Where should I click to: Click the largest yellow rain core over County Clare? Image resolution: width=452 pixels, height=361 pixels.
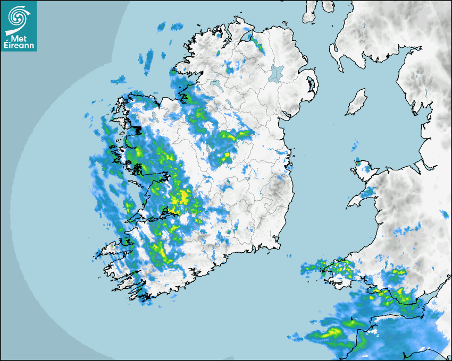[181, 197]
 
